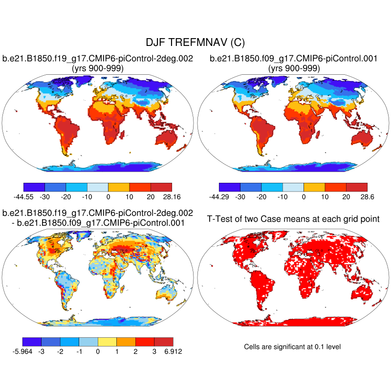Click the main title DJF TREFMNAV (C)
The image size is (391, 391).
coord(195,43)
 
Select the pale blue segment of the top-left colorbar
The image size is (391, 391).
coord(97,187)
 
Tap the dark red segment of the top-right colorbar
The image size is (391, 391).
coord(356,187)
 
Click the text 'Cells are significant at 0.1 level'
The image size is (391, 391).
coord(292,347)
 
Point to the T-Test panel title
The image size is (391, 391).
coord(293,218)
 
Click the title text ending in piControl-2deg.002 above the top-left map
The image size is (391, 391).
coord(98,59)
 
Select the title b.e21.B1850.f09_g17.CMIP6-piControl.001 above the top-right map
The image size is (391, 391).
coord(293,59)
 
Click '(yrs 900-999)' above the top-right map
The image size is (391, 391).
coord(294,68)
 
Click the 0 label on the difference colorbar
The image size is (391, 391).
coord(98,350)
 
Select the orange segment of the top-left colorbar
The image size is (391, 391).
coord(118,187)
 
